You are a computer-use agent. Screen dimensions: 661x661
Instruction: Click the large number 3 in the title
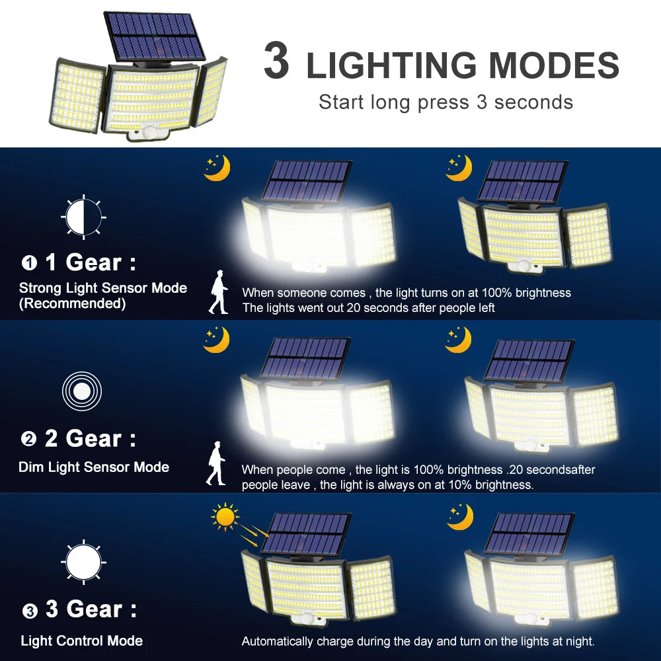click(276, 62)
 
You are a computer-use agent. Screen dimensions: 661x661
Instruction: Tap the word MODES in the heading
click(554, 65)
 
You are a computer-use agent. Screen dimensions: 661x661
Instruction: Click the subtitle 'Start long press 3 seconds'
click(446, 102)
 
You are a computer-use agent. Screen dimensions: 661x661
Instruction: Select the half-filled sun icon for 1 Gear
click(83, 216)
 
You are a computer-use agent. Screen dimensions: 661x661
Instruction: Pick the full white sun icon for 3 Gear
click(84, 562)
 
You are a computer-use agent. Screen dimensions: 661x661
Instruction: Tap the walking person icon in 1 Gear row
click(218, 295)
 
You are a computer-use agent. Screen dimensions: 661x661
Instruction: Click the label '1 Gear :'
click(90, 263)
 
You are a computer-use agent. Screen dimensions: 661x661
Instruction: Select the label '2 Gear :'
click(90, 438)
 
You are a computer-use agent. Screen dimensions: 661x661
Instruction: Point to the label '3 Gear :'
click(91, 609)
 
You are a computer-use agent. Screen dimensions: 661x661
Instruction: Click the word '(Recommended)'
click(72, 304)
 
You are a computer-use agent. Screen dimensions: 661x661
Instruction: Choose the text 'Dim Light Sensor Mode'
click(94, 467)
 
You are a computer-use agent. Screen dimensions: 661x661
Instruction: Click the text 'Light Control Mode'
click(81, 641)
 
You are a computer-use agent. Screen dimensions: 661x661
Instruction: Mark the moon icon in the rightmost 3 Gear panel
click(460, 516)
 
